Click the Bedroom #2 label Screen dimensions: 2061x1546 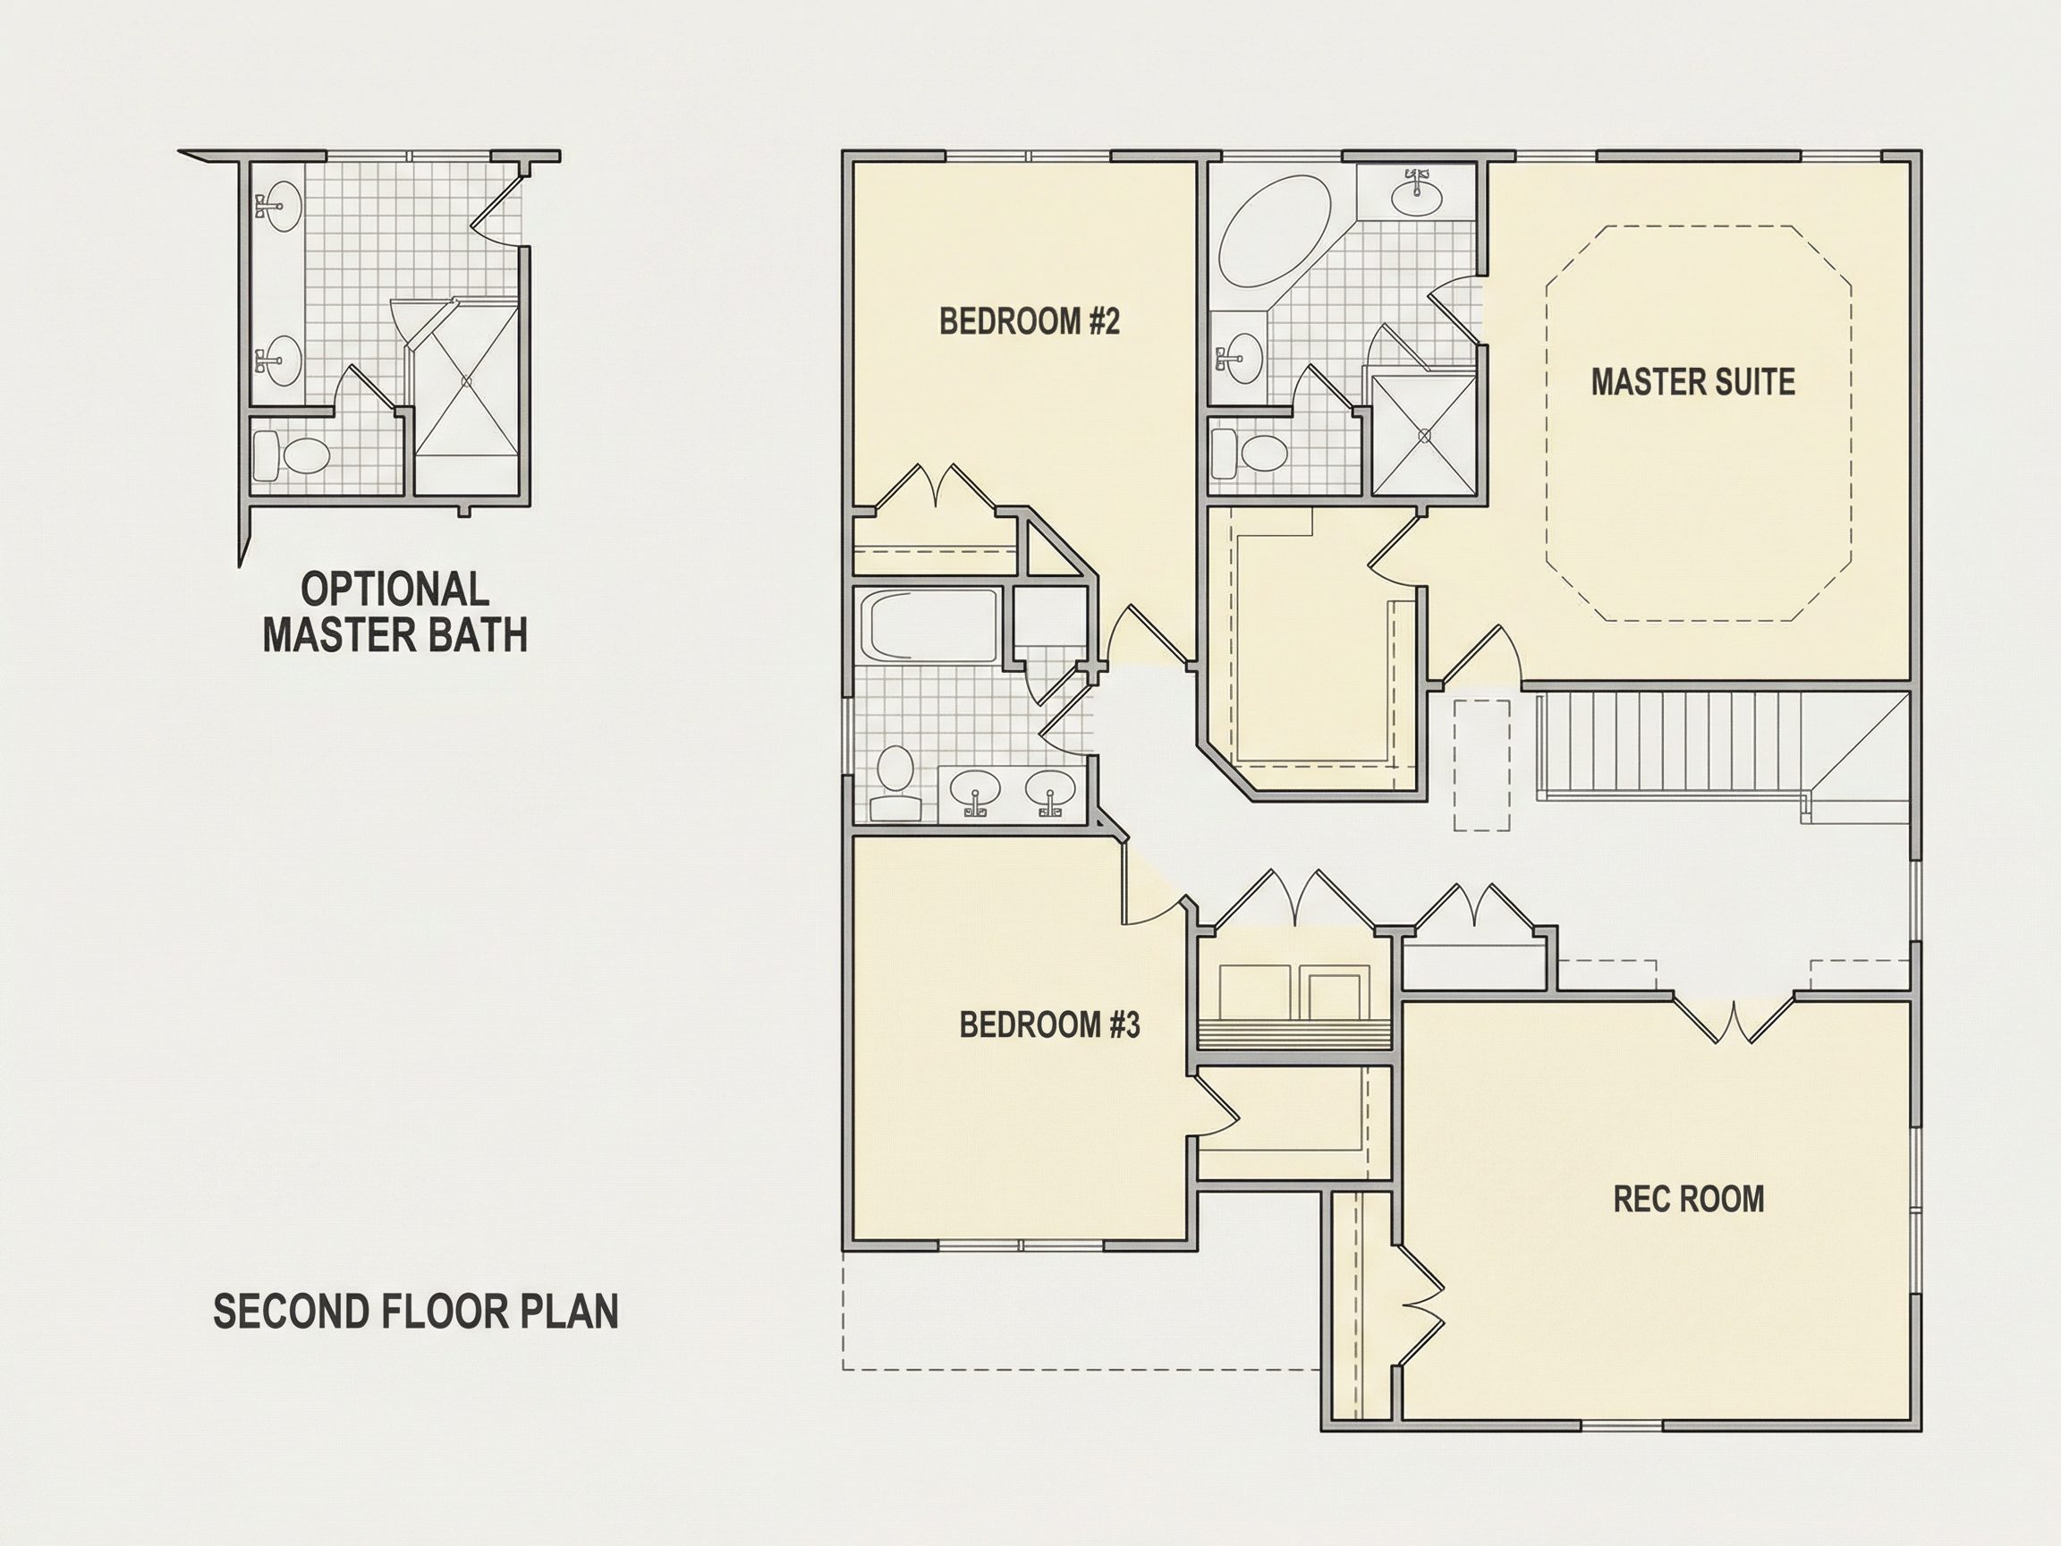pyautogui.click(x=1029, y=321)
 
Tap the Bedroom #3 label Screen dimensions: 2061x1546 pyautogui.click(x=1049, y=1025)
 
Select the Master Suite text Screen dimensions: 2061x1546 pyautogui.click(x=1693, y=382)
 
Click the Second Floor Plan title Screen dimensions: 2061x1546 pyautogui.click(x=416, y=1312)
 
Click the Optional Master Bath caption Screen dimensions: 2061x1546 pyautogui.click(x=395, y=612)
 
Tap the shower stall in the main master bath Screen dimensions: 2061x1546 pyautogui.click(x=1423, y=433)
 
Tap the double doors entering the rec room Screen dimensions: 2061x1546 pyautogui.click(x=1733, y=1020)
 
